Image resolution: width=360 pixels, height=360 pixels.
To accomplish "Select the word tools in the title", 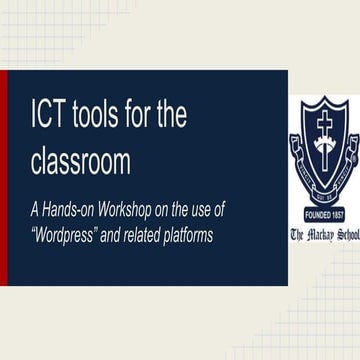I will (x=107, y=117).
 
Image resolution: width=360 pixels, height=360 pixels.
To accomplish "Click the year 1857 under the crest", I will (x=337, y=215).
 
